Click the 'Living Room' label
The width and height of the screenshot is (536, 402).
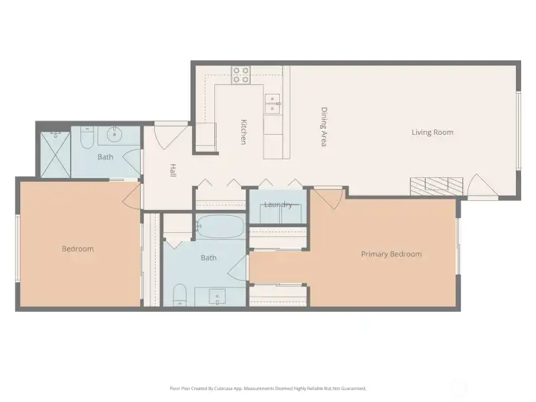point(432,133)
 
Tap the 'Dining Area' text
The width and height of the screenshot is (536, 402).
point(324,127)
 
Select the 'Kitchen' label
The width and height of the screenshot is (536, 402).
point(243,132)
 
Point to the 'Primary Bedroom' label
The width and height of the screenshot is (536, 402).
point(391,254)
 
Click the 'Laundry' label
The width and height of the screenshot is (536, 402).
point(277,205)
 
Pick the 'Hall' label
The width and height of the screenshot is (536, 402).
point(173,170)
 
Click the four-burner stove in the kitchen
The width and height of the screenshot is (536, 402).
point(240,74)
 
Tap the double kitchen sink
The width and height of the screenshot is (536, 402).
point(272,103)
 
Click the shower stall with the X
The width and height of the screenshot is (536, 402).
point(54,153)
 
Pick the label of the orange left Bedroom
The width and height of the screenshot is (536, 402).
point(77,249)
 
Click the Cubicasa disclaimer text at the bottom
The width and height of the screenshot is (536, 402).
point(268,388)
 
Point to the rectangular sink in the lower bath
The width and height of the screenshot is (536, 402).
point(217,296)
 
